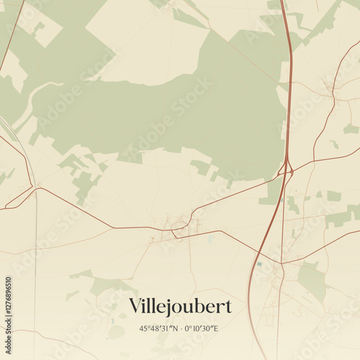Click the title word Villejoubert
tap(180, 307)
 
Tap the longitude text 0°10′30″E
tap(202, 329)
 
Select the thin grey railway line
tap(35, 274)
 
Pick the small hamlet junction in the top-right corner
tap(330, 88)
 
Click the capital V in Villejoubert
tap(135, 306)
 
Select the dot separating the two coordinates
tap(181, 329)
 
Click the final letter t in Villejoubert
tap(228, 307)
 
